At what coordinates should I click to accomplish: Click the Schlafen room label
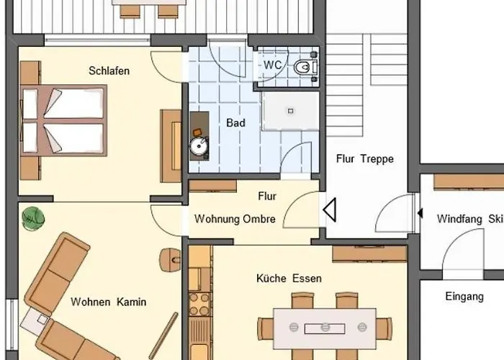tap(109, 71)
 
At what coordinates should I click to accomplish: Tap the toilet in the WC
tap(305, 67)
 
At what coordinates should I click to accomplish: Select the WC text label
tap(273, 65)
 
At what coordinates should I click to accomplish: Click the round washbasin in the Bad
tap(199, 146)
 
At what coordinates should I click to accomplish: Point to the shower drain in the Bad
tap(291, 111)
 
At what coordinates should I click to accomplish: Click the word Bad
tap(235, 123)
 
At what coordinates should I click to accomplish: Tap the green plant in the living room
tap(33, 219)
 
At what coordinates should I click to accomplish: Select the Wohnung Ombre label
tap(235, 219)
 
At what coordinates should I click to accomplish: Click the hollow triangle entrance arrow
tap(330, 210)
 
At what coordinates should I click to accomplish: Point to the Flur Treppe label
tap(365, 159)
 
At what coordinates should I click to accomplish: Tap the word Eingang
tap(464, 297)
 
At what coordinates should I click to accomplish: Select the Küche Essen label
tap(289, 279)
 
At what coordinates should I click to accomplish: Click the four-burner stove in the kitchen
tap(199, 304)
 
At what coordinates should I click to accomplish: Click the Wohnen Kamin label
tap(108, 302)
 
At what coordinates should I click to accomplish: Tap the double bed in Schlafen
tap(63, 120)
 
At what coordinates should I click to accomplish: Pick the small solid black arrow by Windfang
tap(420, 213)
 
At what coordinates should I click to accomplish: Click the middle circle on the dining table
tap(325, 327)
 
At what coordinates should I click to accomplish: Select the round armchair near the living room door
tap(170, 259)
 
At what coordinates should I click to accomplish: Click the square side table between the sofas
tap(33, 321)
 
